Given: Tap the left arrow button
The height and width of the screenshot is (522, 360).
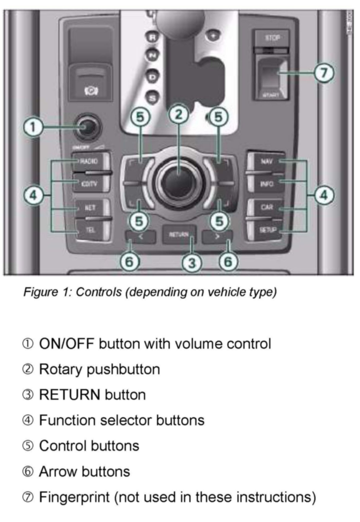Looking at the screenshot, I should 141,237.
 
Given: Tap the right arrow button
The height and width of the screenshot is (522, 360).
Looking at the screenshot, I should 217,237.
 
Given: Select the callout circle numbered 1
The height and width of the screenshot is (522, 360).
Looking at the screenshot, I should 33,128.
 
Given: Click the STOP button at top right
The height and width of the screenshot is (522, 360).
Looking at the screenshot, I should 272,38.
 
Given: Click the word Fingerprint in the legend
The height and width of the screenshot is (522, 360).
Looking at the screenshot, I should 74,497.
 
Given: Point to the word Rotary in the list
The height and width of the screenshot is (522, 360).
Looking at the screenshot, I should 61,369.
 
